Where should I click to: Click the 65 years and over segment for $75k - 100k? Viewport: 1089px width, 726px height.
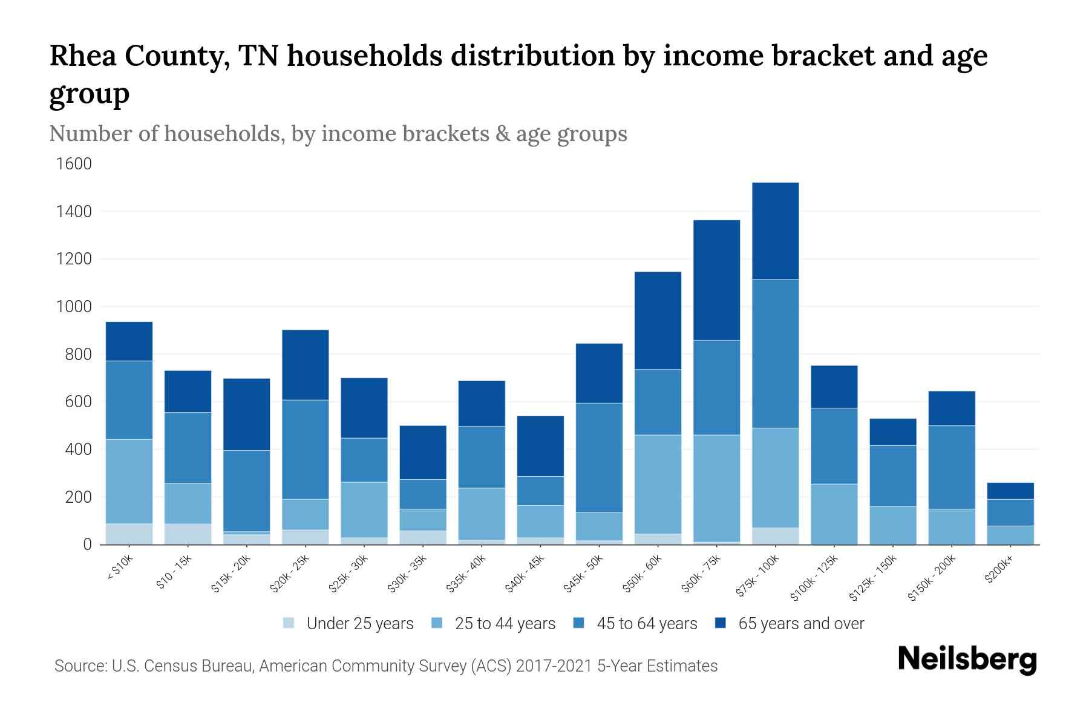[x=775, y=231]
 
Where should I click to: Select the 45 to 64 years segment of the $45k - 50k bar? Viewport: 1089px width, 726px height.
[x=599, y=457]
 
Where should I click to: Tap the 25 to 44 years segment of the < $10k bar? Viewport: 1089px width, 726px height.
[x=129, y=481]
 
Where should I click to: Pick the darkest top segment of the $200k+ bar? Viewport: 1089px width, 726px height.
[x=1010, y=491]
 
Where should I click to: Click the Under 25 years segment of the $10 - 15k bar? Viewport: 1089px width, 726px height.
[x=188, y=534]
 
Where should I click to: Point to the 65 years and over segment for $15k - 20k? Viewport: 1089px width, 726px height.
[x=247, y=414]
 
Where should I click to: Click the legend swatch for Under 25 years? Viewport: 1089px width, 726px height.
[x=289, y=623]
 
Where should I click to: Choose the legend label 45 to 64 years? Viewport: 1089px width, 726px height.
[x=647, y=624]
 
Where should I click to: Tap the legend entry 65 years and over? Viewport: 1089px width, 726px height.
[x=801, y=624]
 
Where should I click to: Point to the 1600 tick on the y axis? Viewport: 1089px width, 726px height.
[x=74, y=164]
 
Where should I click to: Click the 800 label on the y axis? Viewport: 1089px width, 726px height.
[x=77, y=355]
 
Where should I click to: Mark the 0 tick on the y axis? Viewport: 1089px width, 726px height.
[x=87, y=544]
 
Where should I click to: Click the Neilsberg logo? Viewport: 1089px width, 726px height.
[x=967, y=659]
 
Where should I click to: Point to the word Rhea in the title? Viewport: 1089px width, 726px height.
[x=83, y=56]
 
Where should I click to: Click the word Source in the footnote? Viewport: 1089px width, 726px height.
[x=80, y=666]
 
